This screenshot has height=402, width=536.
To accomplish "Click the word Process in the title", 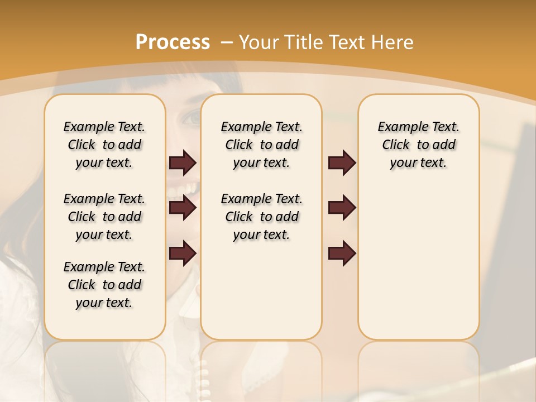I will [173, 42].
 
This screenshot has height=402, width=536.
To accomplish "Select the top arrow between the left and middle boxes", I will [183, 163].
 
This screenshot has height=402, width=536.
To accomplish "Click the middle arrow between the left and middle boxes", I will [183, 208].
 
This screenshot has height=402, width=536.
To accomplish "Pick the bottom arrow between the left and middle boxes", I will [183, 253].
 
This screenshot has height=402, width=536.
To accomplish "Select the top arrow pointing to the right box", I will [342, 163].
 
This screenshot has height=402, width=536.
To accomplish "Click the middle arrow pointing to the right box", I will [342, 208].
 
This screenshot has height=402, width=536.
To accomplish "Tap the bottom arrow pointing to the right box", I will [342, 253].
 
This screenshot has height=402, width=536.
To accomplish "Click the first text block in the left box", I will [104, 145].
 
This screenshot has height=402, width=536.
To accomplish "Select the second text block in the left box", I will [104, 217].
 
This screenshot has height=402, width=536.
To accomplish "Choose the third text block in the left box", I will [104, 285].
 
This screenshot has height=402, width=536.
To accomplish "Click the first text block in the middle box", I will [261, 145].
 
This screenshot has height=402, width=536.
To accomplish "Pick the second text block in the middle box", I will [261, 217].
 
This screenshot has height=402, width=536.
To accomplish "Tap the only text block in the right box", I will [418, 145].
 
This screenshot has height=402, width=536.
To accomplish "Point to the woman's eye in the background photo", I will [192, 118].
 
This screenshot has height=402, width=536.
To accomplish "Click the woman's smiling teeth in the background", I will [187, 190].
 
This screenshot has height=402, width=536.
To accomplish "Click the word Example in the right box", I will [399, 127].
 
